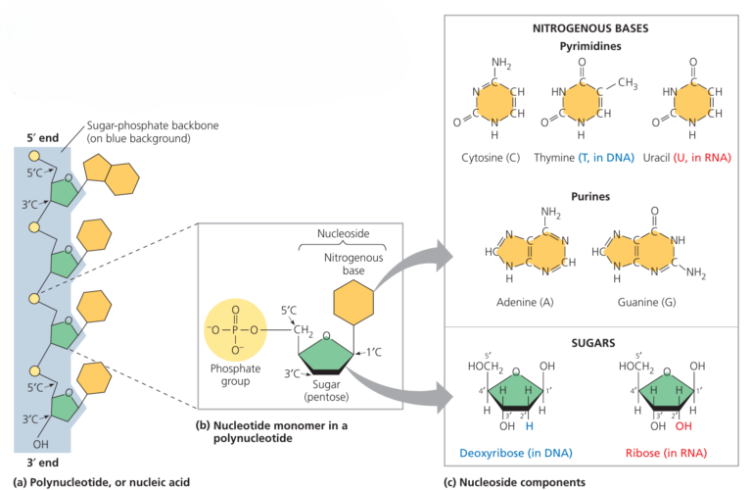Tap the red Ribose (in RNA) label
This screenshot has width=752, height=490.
click(666, 455)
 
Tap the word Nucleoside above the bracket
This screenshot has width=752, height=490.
click(342, 235)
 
